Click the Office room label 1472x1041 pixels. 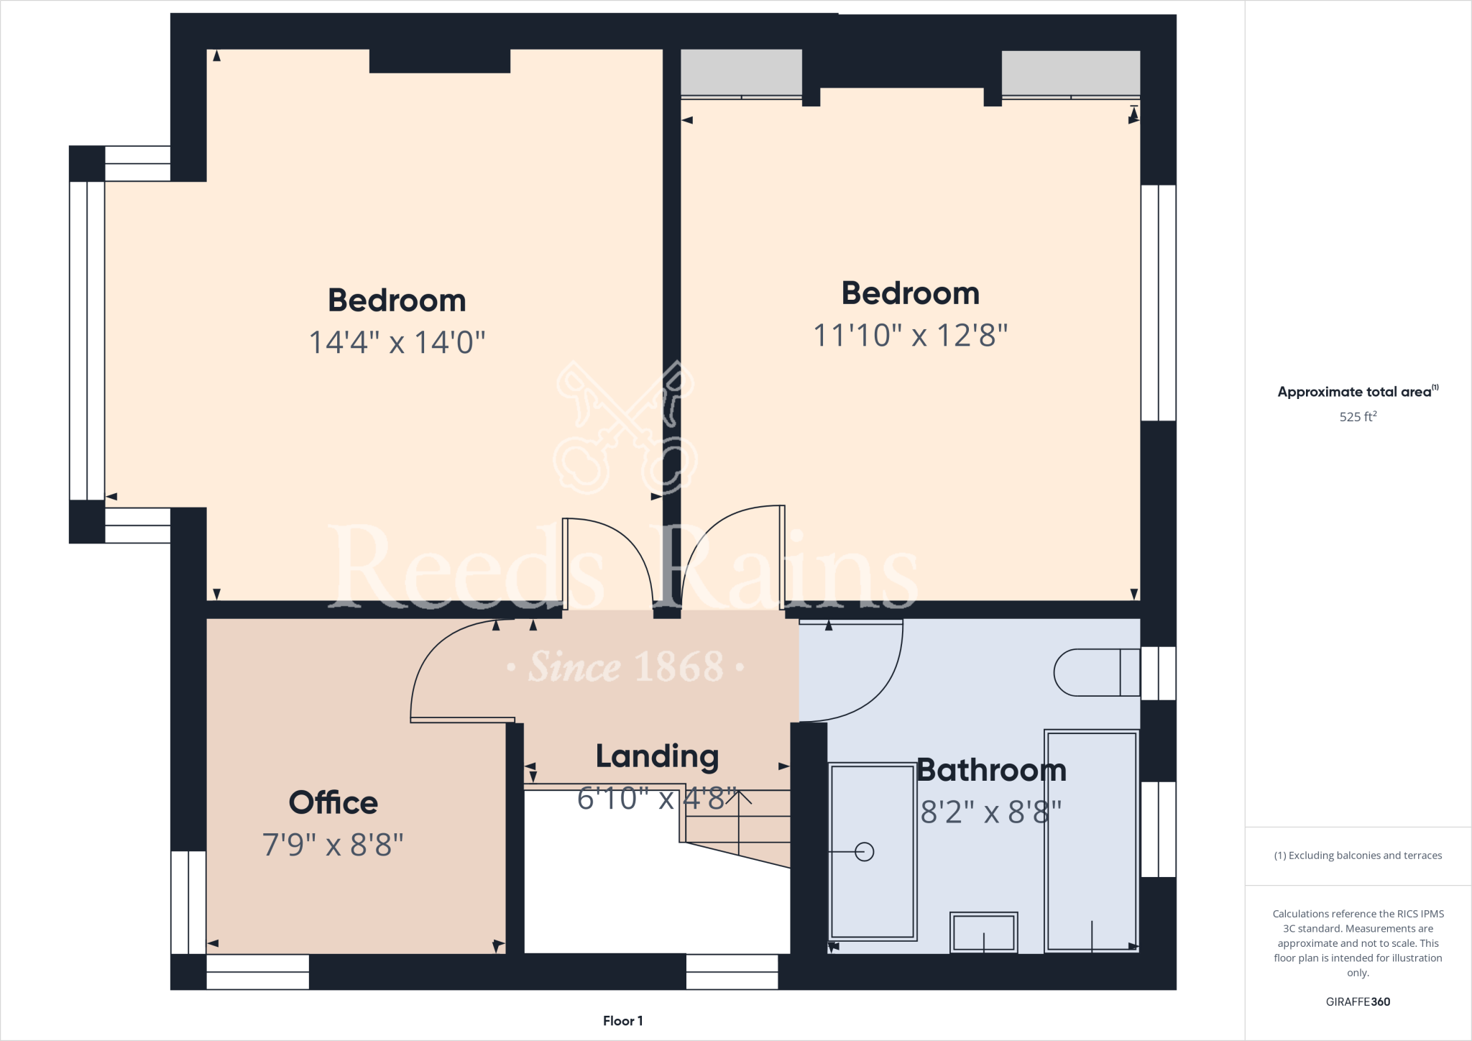click(333, 802)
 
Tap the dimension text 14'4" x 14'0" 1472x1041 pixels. click(397, 342)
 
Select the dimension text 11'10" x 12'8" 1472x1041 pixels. click(910, 335)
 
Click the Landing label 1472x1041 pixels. click(657, 756)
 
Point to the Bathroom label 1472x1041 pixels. click(991, 770)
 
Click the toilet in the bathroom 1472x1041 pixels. click(1095, 672)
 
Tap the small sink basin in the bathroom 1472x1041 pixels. click(983, 932)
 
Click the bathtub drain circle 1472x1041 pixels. click(865, 852)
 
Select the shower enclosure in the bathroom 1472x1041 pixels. click(1091, 841)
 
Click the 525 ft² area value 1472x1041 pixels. click(1358, 417)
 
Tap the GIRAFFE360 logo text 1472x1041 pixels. click(1358, 1001)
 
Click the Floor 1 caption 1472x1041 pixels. click(622, 1021)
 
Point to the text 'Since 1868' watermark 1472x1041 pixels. click(625, 667)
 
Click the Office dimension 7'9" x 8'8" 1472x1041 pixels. click(333, 845)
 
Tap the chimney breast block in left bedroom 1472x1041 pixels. click(439, 61)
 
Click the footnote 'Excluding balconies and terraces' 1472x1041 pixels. click(1358, 856)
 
